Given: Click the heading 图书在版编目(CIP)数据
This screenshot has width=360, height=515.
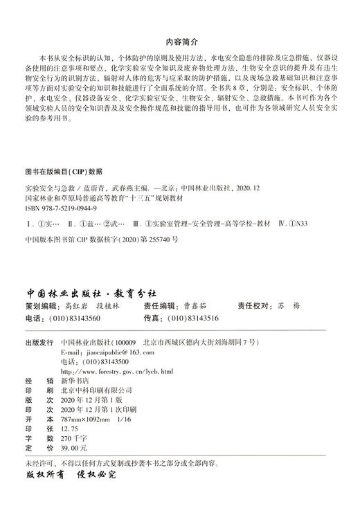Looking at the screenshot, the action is click(x=63, y=170).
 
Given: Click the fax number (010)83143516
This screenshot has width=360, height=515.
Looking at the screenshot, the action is click(x=194, y=298).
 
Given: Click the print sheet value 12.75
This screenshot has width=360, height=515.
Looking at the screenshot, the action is click(x=70, y=429).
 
